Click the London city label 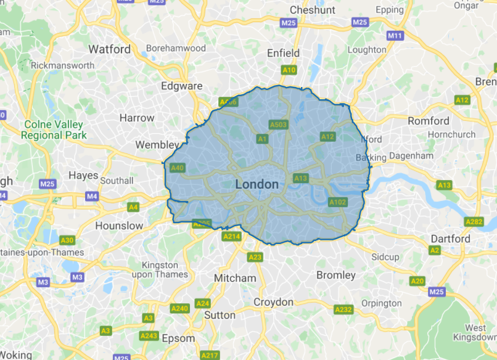pyautogui.click(x=257, y=184)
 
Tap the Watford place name pyautogui.click(x=110, y=49)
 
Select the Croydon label pyautogui.click(x=274, y=302)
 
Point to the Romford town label pyautogui.click(x=429, y=121)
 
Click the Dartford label pyautogui.click(x=451, y=239)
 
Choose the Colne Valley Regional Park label pyautogui.click(x=55, y=129)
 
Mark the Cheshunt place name pyautogui.click(x=313, y=10)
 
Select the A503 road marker pyautogui.click(x=279, y=125)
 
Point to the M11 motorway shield pyautogui.click(x=395, y=36)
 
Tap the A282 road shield pyautogui.click(x=474, y=221)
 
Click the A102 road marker pyautogui.click(x=338, y=202)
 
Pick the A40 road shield pyautogui.click(x=178, y=167)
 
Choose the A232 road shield pyautogui.click(x=343, y=309)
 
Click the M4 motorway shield pyautogui.click(x=92, y=197)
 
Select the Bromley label pyautogui.click(x=335, y=275)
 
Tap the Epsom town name pyautogui.click(x=178, y=338)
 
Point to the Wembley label pyautogui.click(x=156, y=145)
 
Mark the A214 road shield pyautogui.click(x=232, y=236)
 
